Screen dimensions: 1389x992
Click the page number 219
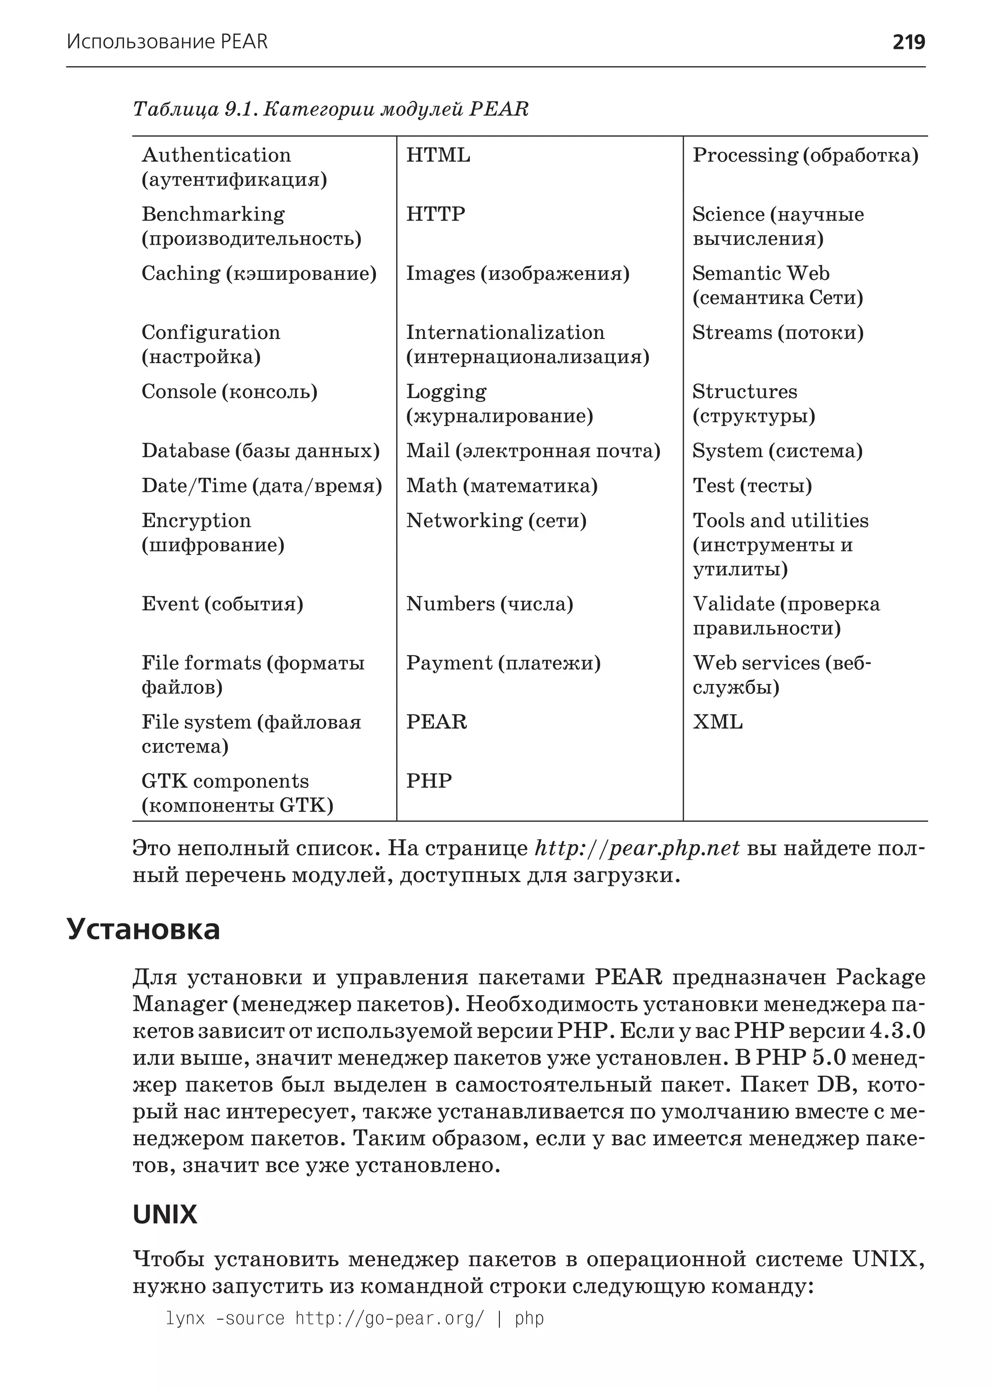[x=908, y=42]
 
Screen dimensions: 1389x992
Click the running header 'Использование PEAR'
[x=167, y=42]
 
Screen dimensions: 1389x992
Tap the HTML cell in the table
[x=438, y=156]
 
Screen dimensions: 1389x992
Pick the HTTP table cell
[x=435, y=215]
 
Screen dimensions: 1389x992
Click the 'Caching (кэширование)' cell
[x=259, y=274]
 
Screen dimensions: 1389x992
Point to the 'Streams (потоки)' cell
[x=777, y=333]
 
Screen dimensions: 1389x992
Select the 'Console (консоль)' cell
[x=230, y=391]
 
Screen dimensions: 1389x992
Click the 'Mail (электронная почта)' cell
[x=533, y=451]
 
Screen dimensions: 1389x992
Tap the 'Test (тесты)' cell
[x=752, y=486]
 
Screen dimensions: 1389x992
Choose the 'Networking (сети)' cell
[x=496, y=521]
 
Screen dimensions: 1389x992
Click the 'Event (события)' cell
[x=222, y=604]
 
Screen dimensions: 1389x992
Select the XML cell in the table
[x=717, y=722]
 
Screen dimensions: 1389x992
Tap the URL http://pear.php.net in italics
[x=637, y=849]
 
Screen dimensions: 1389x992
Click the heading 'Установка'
[x=143, y=929]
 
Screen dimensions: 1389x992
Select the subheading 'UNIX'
[x=165, y=1214]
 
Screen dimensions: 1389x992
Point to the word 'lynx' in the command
[x=185, y=1319]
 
